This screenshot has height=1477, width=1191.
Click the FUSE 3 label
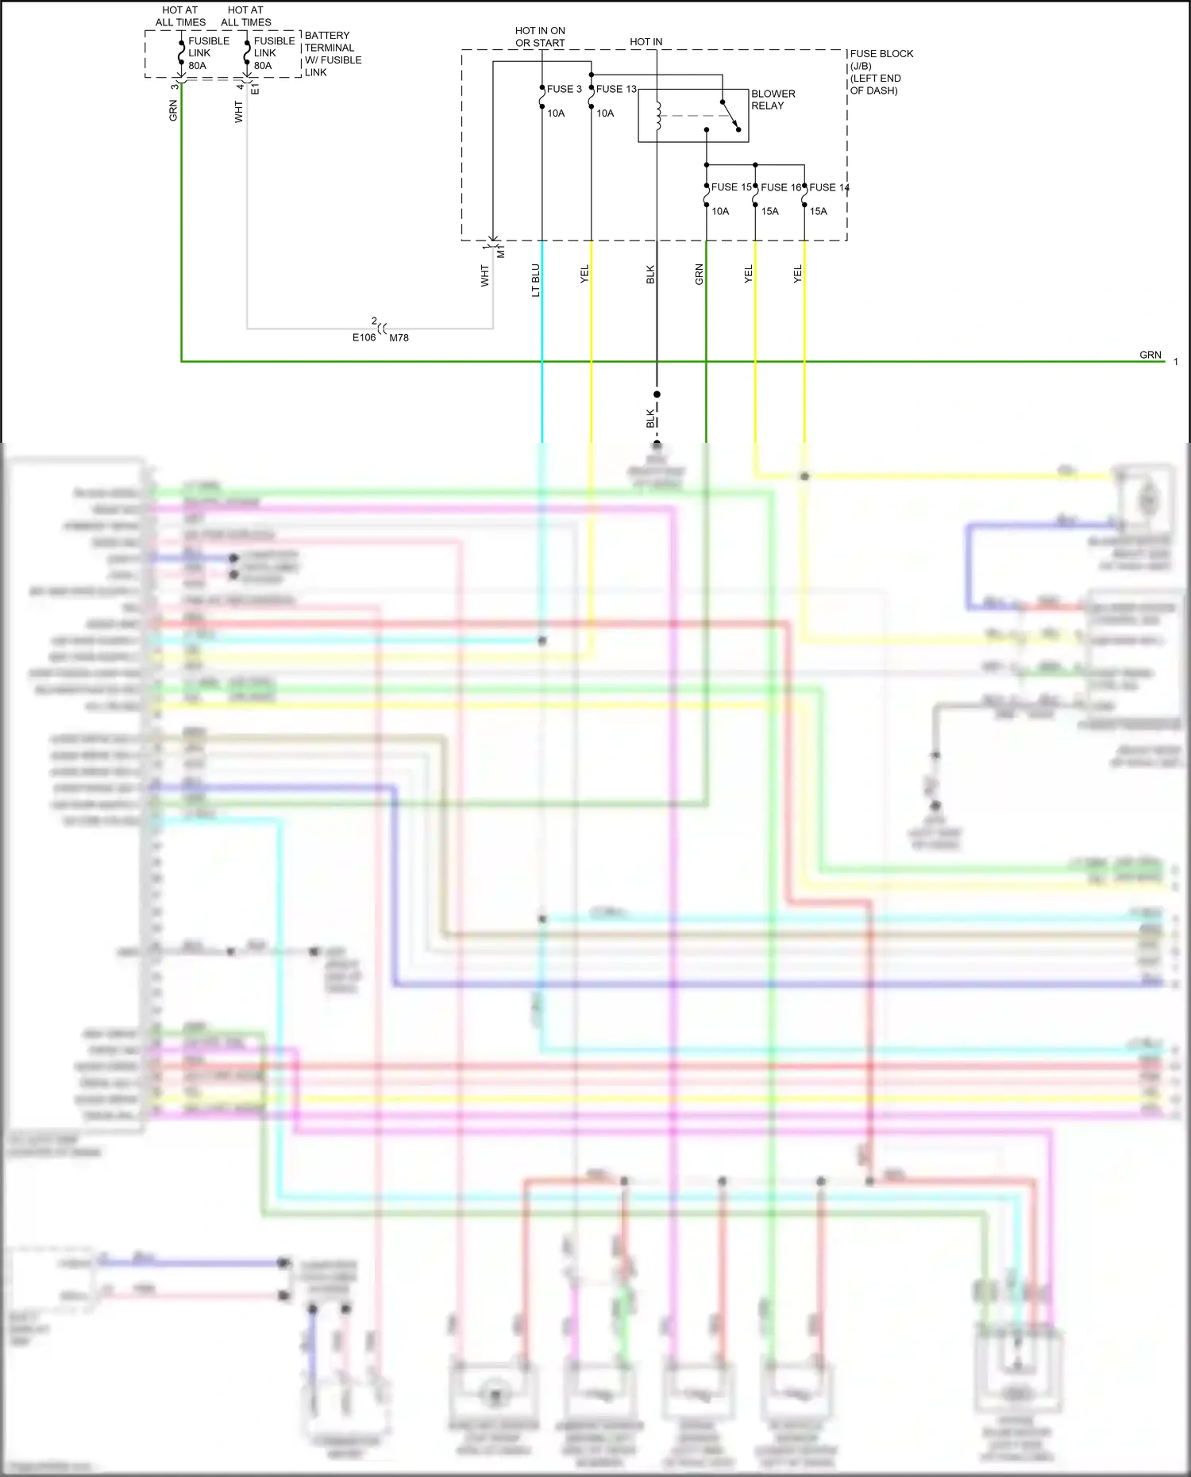coord(564,89)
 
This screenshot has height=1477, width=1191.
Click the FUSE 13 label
coord(616,89)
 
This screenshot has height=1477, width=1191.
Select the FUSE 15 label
coord(731,187)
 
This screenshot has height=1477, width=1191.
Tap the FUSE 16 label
coord(781,187)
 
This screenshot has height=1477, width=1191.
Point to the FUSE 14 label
coord(829,187)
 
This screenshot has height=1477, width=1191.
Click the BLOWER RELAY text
coord(773,99)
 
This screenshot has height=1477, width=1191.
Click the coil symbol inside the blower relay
coord(658,116)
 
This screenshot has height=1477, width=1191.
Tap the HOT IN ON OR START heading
coord(540,37)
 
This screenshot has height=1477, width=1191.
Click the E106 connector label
coord(364,337)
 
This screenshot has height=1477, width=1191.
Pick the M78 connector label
coord(399,337)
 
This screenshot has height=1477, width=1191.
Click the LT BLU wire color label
coord(536,280)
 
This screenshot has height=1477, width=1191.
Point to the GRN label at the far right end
coord(1150,355)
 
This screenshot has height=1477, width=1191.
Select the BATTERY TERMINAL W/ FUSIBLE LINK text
coord(333,54)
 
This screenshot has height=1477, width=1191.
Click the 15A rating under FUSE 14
coord(818,211)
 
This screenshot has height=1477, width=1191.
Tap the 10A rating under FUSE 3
coord(556,113)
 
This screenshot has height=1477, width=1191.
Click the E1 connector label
coord(255,89)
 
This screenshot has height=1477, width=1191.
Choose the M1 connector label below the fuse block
coord(501,252)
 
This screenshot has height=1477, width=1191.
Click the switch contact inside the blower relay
coord(730,115)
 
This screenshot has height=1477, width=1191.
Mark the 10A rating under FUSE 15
coord(719,211)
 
